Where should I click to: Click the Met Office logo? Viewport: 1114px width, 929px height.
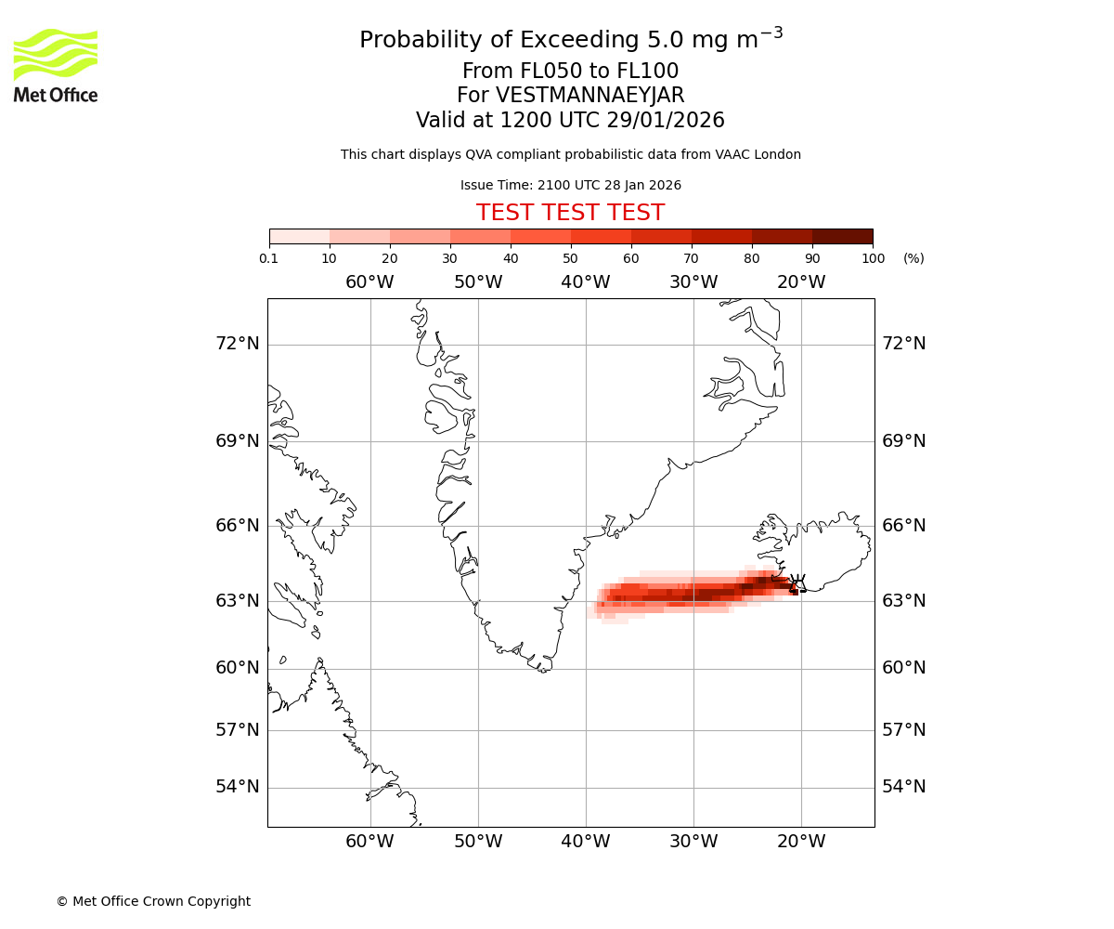(x=56, y=65)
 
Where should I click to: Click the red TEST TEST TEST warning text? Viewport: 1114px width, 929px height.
(x=570, y=213)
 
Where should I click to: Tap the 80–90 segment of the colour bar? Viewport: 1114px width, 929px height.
(x=782, y=236)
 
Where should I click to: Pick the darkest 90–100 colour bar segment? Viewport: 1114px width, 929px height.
(x=842, y=236)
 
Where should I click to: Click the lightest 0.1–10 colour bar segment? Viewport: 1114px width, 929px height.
(x=300, y=236)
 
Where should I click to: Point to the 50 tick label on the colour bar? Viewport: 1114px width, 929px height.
(x=571, y=258)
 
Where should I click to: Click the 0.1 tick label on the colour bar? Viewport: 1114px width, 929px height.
(x=269, y=258)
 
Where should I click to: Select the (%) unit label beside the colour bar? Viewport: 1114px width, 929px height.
(x=913, y=258)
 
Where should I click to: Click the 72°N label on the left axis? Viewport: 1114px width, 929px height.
(x=238, y=344)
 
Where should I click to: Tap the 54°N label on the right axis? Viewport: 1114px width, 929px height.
(x=903, y=787)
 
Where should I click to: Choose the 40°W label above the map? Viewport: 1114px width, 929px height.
(x=586, y=282)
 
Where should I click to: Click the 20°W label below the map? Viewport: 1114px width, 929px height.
(x=801, y=842)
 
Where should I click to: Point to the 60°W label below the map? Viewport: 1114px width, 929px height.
(x=369, y=842)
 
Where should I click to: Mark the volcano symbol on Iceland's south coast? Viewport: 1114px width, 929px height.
(x=797, y=584)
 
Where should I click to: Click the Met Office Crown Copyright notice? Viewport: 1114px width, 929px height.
(x=153, y=901)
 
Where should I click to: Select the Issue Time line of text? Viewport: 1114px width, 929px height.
(x=570, y=185)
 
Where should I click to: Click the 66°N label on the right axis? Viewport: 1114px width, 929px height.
(x=903, y=526)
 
